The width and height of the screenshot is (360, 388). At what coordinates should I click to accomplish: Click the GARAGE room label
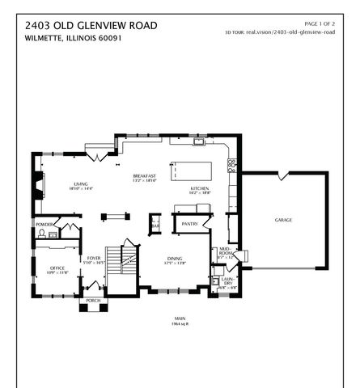(x=283, y=220)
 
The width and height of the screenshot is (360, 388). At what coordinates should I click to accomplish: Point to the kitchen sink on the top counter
(x=197, y=142)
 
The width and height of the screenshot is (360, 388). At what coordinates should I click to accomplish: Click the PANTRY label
(x=190, y=223)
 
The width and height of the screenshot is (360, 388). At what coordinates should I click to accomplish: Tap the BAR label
(x=155, y=226)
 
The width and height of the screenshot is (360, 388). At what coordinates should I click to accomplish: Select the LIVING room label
(x=81, y=183)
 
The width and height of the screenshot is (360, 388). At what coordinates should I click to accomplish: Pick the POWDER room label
(x=44, y=225)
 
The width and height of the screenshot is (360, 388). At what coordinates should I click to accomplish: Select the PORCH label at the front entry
(x=94, y=300)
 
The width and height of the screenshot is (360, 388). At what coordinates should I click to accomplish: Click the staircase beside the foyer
(x=127, y=259)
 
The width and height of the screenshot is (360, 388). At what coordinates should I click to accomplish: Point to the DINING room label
(x=174, y=259)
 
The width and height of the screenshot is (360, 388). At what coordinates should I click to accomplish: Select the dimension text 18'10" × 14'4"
(x=81, y=188)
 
